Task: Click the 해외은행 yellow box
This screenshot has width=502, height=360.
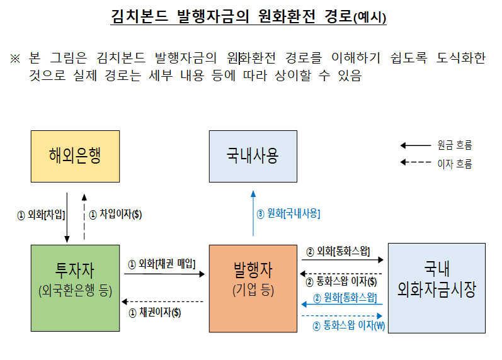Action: pyautogui.click(x=75, y=156)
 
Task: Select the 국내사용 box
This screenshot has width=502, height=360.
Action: pyautogui.click(x=253, y=156)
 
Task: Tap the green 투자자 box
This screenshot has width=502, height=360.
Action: pyautogui.click(x=75, y=288)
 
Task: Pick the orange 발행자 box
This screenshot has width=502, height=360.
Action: pyautogui.click(x=253, y=288)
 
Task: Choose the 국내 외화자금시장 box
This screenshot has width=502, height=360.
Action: pyautogui.click(x=436, y=288)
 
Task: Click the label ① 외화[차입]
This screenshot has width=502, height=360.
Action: pyautogui.click(x=41, y=215)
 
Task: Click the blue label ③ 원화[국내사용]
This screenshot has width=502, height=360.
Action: pyautogui.click(x=288, y=214)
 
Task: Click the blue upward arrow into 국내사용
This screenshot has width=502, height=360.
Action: pyautogui.click(x=253, y=214)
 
